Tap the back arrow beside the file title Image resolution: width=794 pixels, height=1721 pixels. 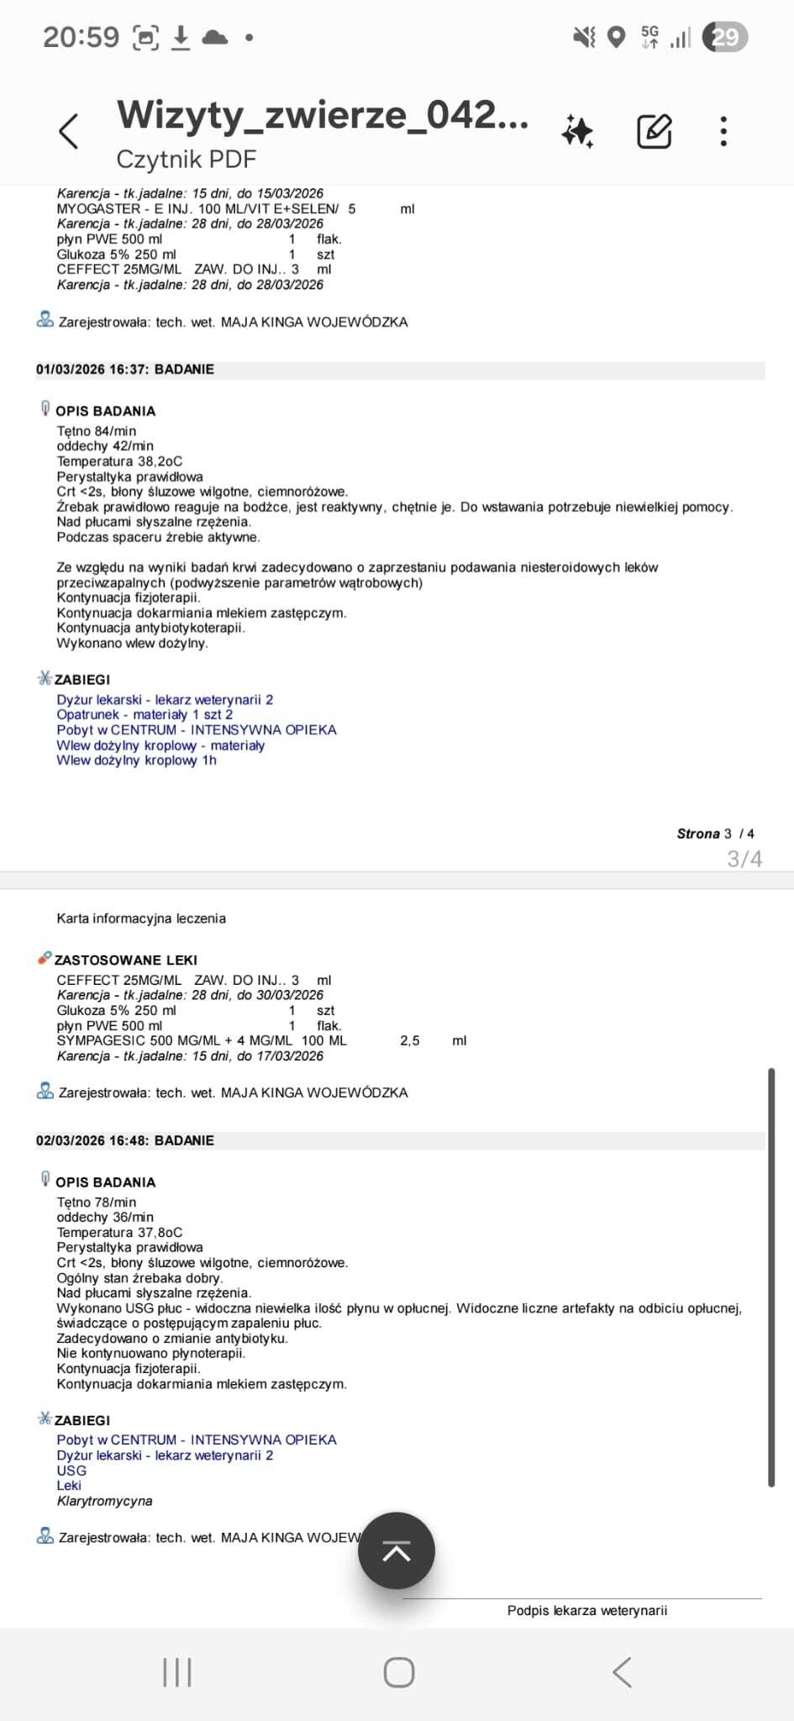(69, 131)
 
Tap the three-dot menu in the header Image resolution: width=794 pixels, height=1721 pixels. (723, 131)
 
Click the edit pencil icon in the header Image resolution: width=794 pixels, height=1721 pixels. (654, 131)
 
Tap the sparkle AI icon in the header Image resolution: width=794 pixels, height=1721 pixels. (578, 131)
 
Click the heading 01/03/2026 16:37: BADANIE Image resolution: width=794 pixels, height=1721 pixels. (125, 370)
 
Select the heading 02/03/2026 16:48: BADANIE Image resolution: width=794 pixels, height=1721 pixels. (125, 1140)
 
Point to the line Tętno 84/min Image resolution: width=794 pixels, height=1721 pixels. (97, 431)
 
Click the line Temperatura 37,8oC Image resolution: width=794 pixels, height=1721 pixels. (119, 1232)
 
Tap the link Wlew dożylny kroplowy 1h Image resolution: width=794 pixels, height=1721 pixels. (137, 761)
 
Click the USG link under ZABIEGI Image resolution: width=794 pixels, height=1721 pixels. (71, 1471)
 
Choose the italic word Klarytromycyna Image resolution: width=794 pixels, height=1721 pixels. (105, 1501)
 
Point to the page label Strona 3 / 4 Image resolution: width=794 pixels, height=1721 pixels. (715, 834)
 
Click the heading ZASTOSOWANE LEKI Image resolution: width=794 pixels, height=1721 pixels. (126, 960)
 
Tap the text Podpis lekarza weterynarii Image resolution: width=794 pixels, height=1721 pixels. (587, 1610)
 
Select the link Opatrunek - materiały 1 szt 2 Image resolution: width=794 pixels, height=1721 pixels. (145, 715)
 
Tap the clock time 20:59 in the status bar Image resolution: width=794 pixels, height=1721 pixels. (82, 37)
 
